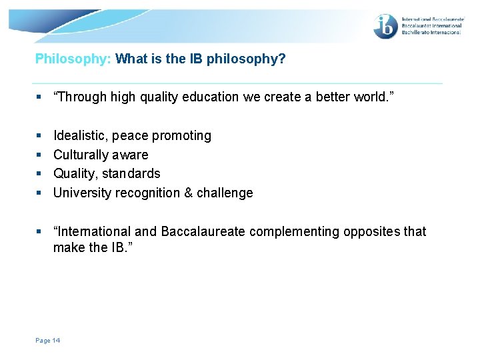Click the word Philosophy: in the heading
(73, 59)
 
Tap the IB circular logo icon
(385, 26)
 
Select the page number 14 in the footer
(55, 341)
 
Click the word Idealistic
(81, 135)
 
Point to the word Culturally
(81, 155)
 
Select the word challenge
(225, 193)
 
